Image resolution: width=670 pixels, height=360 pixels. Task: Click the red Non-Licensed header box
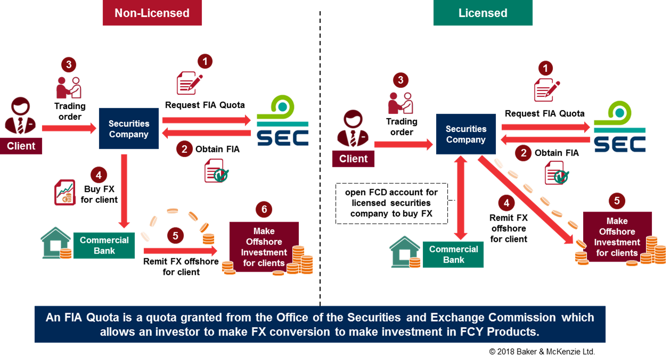152,13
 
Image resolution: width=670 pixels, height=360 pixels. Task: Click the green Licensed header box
483,13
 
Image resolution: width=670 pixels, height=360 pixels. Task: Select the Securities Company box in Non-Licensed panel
129,128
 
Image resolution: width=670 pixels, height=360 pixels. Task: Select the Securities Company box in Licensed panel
465,134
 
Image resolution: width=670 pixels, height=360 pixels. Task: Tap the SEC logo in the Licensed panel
619,126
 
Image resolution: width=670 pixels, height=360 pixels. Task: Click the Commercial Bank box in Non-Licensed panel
104,246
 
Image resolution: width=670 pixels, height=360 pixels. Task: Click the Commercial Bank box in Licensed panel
453,255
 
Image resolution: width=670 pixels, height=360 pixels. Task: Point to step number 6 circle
264,209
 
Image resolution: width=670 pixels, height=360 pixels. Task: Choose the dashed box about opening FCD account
391,203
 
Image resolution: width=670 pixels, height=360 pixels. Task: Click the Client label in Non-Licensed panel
21,146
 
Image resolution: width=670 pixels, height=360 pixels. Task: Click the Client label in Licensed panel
353,159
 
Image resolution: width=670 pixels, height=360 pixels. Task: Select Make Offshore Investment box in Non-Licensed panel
264,247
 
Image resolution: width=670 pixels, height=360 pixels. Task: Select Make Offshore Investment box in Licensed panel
617,237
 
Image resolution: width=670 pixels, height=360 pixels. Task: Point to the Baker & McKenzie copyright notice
541,352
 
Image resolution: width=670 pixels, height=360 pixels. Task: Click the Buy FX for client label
99,194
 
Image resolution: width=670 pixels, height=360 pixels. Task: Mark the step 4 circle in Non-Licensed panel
98,174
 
